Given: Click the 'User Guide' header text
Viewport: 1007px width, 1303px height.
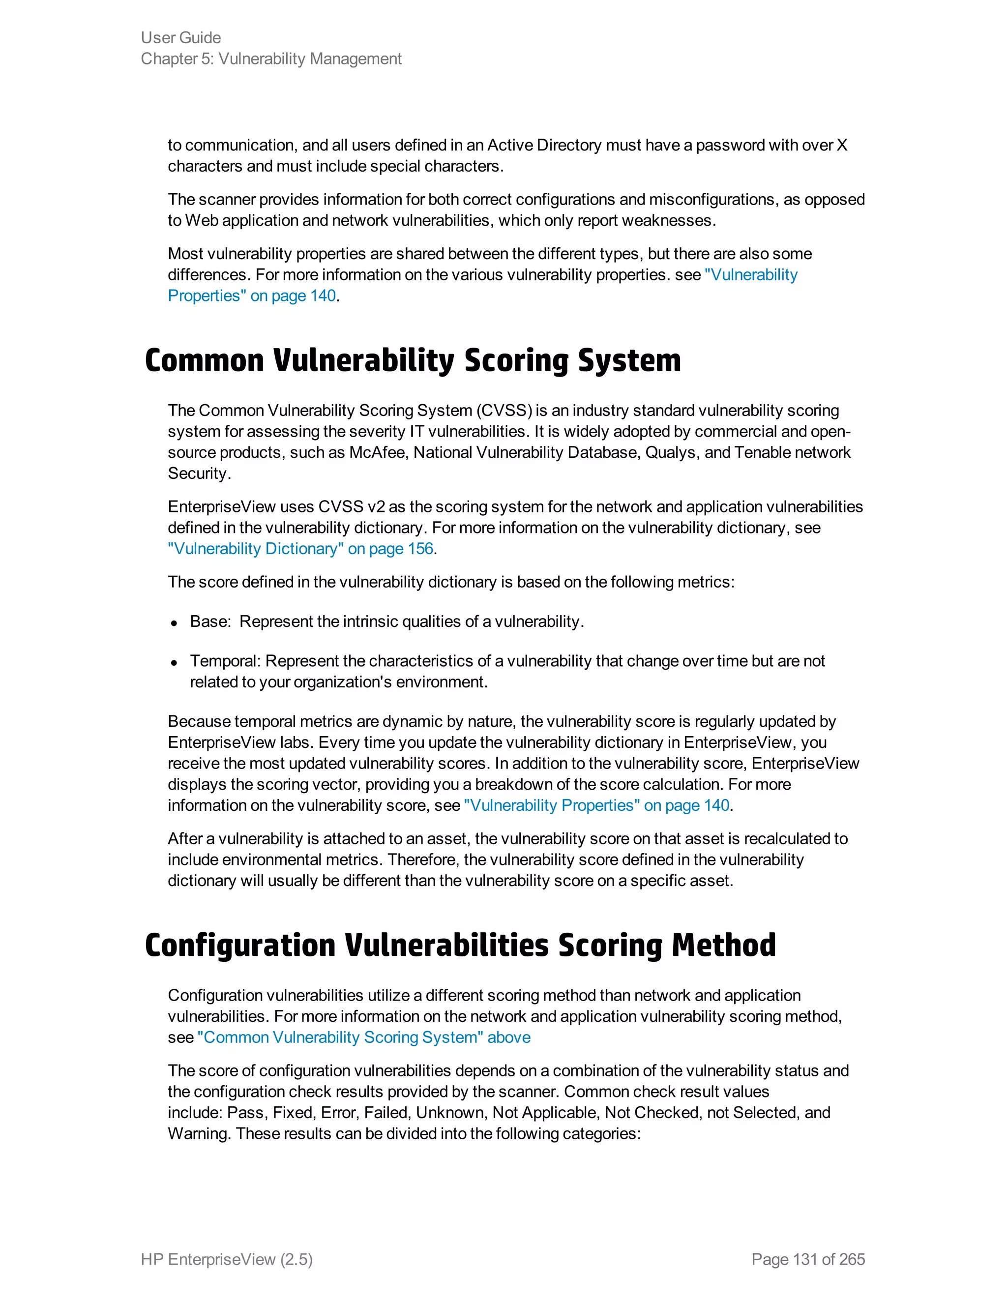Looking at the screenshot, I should click(181, 37).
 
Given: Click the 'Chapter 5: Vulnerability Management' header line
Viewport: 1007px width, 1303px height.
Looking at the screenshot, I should click(271, 59).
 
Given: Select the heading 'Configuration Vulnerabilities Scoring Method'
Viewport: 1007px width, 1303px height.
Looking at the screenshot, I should click(460, 946).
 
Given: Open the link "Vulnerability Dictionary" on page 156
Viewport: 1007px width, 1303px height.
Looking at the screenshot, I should click(300, 549).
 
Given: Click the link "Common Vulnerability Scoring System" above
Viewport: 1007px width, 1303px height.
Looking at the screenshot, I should click(364, 1037).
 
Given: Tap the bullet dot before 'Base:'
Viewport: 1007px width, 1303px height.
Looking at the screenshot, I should click(174, 623).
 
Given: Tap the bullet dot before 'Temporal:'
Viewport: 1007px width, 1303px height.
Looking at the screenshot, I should click(174, 662).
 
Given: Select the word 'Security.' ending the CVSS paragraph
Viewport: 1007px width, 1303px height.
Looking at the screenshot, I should click(199, 473).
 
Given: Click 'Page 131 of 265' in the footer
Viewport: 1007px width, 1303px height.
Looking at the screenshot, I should click(808, 1259).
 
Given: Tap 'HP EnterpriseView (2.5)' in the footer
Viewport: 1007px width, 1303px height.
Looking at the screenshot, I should click(227, 1259).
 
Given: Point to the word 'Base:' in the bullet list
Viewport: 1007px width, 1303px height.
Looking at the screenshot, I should click(210, 622).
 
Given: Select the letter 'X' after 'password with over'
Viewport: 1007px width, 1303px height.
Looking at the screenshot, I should click(842, 146).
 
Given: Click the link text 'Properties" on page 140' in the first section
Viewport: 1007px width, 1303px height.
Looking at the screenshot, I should click(251, 296).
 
